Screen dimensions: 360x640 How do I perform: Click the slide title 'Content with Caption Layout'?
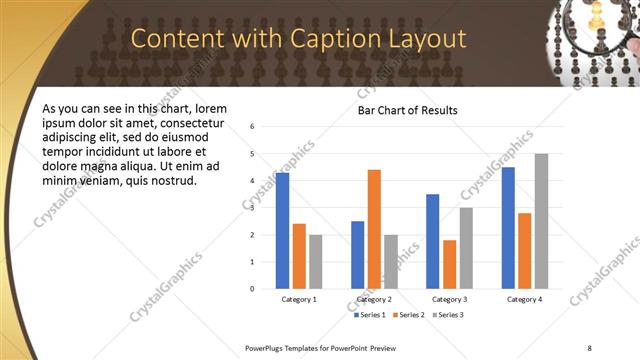[x=299, y=39]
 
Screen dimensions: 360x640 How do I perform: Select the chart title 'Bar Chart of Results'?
[x=407, y=109]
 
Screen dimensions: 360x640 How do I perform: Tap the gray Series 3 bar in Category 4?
[x=541, y=221]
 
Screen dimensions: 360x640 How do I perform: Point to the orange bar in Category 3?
[x=450, y=264]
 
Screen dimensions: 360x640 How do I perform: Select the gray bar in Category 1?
[x=315, y=261]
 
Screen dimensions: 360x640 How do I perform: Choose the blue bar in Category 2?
[x=357, y=255]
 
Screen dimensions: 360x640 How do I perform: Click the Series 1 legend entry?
[x=370, y=315]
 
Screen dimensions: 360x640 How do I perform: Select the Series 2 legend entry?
[x=408, y=315]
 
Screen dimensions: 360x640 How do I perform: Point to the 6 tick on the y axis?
[x=253, y=127]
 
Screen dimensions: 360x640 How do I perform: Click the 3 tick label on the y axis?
[x=253, y=208]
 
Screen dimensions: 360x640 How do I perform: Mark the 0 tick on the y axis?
[x=253, y=289]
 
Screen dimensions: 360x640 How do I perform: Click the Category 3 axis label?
[x=449, y=299]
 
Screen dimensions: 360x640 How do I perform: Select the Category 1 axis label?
[x=299, y=299]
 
